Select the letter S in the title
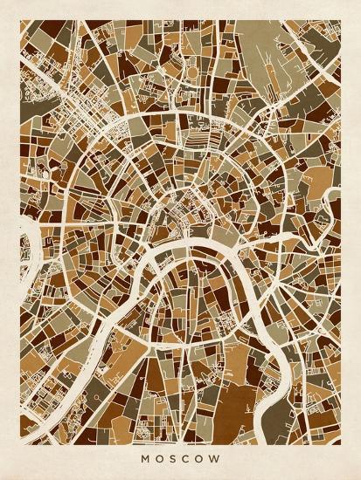[171, 453]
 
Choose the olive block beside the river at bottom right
[293, 384]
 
